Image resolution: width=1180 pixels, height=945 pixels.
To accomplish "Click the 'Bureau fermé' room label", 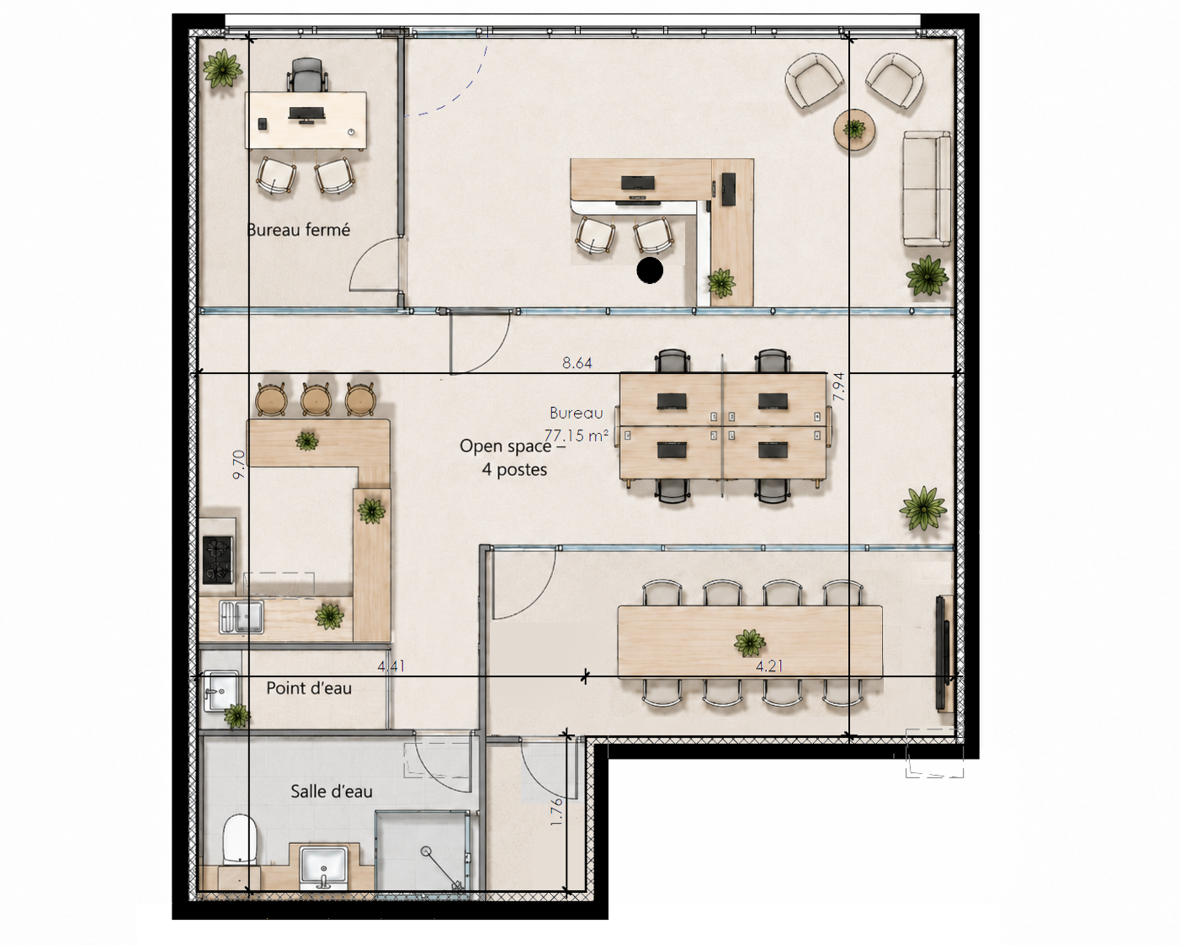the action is (298, 229).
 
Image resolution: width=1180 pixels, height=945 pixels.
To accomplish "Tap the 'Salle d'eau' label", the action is (331, 792).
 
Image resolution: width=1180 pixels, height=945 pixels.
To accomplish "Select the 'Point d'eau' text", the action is (309, 688).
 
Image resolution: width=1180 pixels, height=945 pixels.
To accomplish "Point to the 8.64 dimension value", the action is (577, 363).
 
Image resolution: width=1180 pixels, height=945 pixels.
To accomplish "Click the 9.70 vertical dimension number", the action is (238, 465).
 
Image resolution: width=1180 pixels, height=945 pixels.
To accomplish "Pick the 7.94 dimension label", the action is (838, 387).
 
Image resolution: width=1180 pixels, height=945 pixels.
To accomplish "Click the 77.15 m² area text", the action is (577, 435).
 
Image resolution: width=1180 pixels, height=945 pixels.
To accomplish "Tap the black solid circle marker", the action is (650, 270).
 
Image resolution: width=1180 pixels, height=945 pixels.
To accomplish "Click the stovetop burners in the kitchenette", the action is (218, 560).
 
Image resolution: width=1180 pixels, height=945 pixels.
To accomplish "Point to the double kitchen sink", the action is (242, 616).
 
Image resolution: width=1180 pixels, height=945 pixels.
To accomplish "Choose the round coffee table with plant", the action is (854, 130).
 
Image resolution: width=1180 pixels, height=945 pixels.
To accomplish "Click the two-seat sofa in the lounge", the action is (927, 188).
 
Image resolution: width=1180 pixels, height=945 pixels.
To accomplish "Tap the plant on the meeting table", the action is (750, 643).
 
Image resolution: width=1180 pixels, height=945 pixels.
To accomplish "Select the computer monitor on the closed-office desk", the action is (306, 114).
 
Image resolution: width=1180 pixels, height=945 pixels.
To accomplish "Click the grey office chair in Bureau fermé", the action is (308, 75).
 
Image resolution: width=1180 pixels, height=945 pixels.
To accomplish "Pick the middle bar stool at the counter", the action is (315, 398).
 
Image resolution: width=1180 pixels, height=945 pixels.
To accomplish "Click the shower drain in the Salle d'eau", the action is (426, 852).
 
